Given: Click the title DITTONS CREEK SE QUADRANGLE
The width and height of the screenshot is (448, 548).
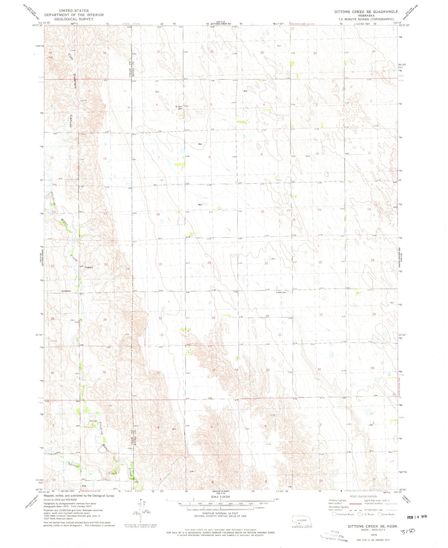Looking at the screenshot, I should [366, 12].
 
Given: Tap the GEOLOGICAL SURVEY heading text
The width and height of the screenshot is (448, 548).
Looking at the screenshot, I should [74, 19].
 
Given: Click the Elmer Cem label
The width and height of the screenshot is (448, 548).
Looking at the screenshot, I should [281, 292].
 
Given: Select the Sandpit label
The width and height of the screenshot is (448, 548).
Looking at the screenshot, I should [90, 267].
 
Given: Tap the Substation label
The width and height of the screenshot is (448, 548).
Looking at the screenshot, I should [66, 291].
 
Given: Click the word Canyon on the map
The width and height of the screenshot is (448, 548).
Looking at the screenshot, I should [71, 121].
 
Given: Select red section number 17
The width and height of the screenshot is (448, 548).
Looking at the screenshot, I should [211, 212].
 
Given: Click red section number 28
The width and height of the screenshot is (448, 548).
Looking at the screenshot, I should [267, 316].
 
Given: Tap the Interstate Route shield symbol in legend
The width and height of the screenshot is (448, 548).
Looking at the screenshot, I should [334, 514].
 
